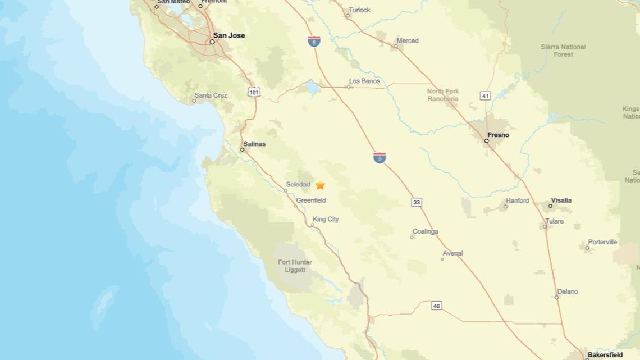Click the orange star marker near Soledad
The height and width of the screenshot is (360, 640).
coord(320,185)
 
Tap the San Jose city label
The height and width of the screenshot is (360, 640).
coord(229,35)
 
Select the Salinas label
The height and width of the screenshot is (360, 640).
coord(254,144)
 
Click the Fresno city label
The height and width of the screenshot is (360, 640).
coord(498,135)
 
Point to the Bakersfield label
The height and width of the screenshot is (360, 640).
coord(605,355)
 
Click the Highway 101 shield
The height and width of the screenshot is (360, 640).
coord(254,92)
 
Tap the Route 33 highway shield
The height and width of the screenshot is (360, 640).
coord(416,202)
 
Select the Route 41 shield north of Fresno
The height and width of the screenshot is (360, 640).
coord(486,96)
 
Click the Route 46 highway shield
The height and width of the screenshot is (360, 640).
coord(436,306)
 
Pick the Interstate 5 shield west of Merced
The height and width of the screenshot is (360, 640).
coord(314,41)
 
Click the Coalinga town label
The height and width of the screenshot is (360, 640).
coord(425,231)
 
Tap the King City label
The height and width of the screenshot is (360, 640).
coord(326,219)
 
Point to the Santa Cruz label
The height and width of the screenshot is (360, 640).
coord(211,95)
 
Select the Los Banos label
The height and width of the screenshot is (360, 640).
coord(364,81)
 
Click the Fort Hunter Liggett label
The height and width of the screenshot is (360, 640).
coord(295,266)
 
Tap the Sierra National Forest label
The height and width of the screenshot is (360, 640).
coord(563,51)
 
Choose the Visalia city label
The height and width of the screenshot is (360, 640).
coord(561,200)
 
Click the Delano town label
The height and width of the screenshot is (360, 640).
coord(567,291)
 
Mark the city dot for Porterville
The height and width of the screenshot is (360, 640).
coord(587,248)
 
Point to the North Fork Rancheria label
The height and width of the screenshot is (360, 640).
coord(443,95)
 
